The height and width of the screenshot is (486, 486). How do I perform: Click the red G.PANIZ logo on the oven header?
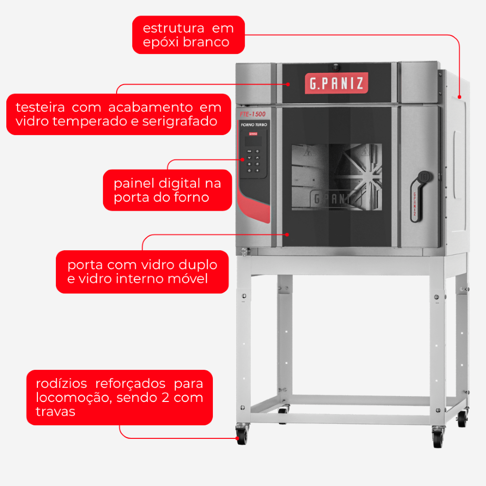coord(336,83)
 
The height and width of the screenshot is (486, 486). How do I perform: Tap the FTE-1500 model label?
coord(253,114)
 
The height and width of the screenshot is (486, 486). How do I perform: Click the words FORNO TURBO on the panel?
coord(254,124)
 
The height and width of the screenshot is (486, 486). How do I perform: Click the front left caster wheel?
coord(242,434)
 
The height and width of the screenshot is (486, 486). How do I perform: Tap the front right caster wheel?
coord(438,437)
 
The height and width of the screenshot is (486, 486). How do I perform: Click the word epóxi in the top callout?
coord(159,42)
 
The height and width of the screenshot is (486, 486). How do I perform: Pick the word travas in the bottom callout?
coord(55,412)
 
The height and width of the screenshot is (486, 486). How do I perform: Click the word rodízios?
coord(61,384)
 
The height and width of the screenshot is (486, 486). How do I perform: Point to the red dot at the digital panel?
coord(243,159)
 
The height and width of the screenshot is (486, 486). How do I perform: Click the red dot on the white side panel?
coord(459,97)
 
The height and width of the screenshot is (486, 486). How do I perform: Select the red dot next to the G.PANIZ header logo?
coord(288,84)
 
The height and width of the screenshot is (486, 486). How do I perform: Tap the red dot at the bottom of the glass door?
coord(287,235)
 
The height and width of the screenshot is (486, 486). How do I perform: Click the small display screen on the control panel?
coord(253,141)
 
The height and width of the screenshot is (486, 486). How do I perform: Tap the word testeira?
coord(40,107)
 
